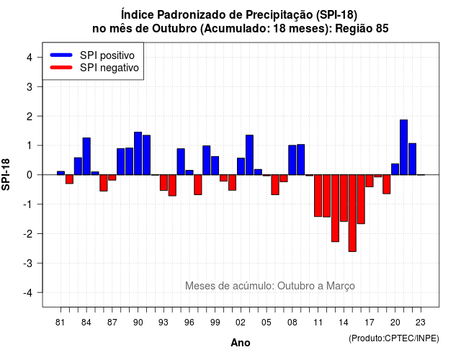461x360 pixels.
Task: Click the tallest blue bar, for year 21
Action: tap(403, 147)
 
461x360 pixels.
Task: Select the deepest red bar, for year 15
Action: tap(352, 213)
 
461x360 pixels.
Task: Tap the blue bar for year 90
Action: tap(138, 153)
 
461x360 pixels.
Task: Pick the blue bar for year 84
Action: tap(86, 156)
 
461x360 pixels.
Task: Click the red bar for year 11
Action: tap(318, 196)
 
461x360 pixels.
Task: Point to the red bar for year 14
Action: tap(344, 198)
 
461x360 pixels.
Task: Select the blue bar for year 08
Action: tap(292, 160)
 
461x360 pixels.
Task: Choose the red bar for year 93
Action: tap(164, 182)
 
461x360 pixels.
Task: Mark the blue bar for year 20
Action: tap(395, 169)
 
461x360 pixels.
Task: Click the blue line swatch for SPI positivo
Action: tap(61, 55)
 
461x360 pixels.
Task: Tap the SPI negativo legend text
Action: tap(109, 68)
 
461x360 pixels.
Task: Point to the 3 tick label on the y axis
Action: tap(30, 86)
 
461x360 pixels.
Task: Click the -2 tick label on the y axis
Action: tap(28, 233)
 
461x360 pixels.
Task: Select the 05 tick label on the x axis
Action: tap(267, 323)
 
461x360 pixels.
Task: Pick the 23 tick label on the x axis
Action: tap(421, 323)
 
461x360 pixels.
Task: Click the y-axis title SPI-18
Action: tap(6, 174)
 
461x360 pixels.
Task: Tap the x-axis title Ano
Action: tap(241, 343)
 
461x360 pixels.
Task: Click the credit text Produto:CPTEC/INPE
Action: tap(394, 338)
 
